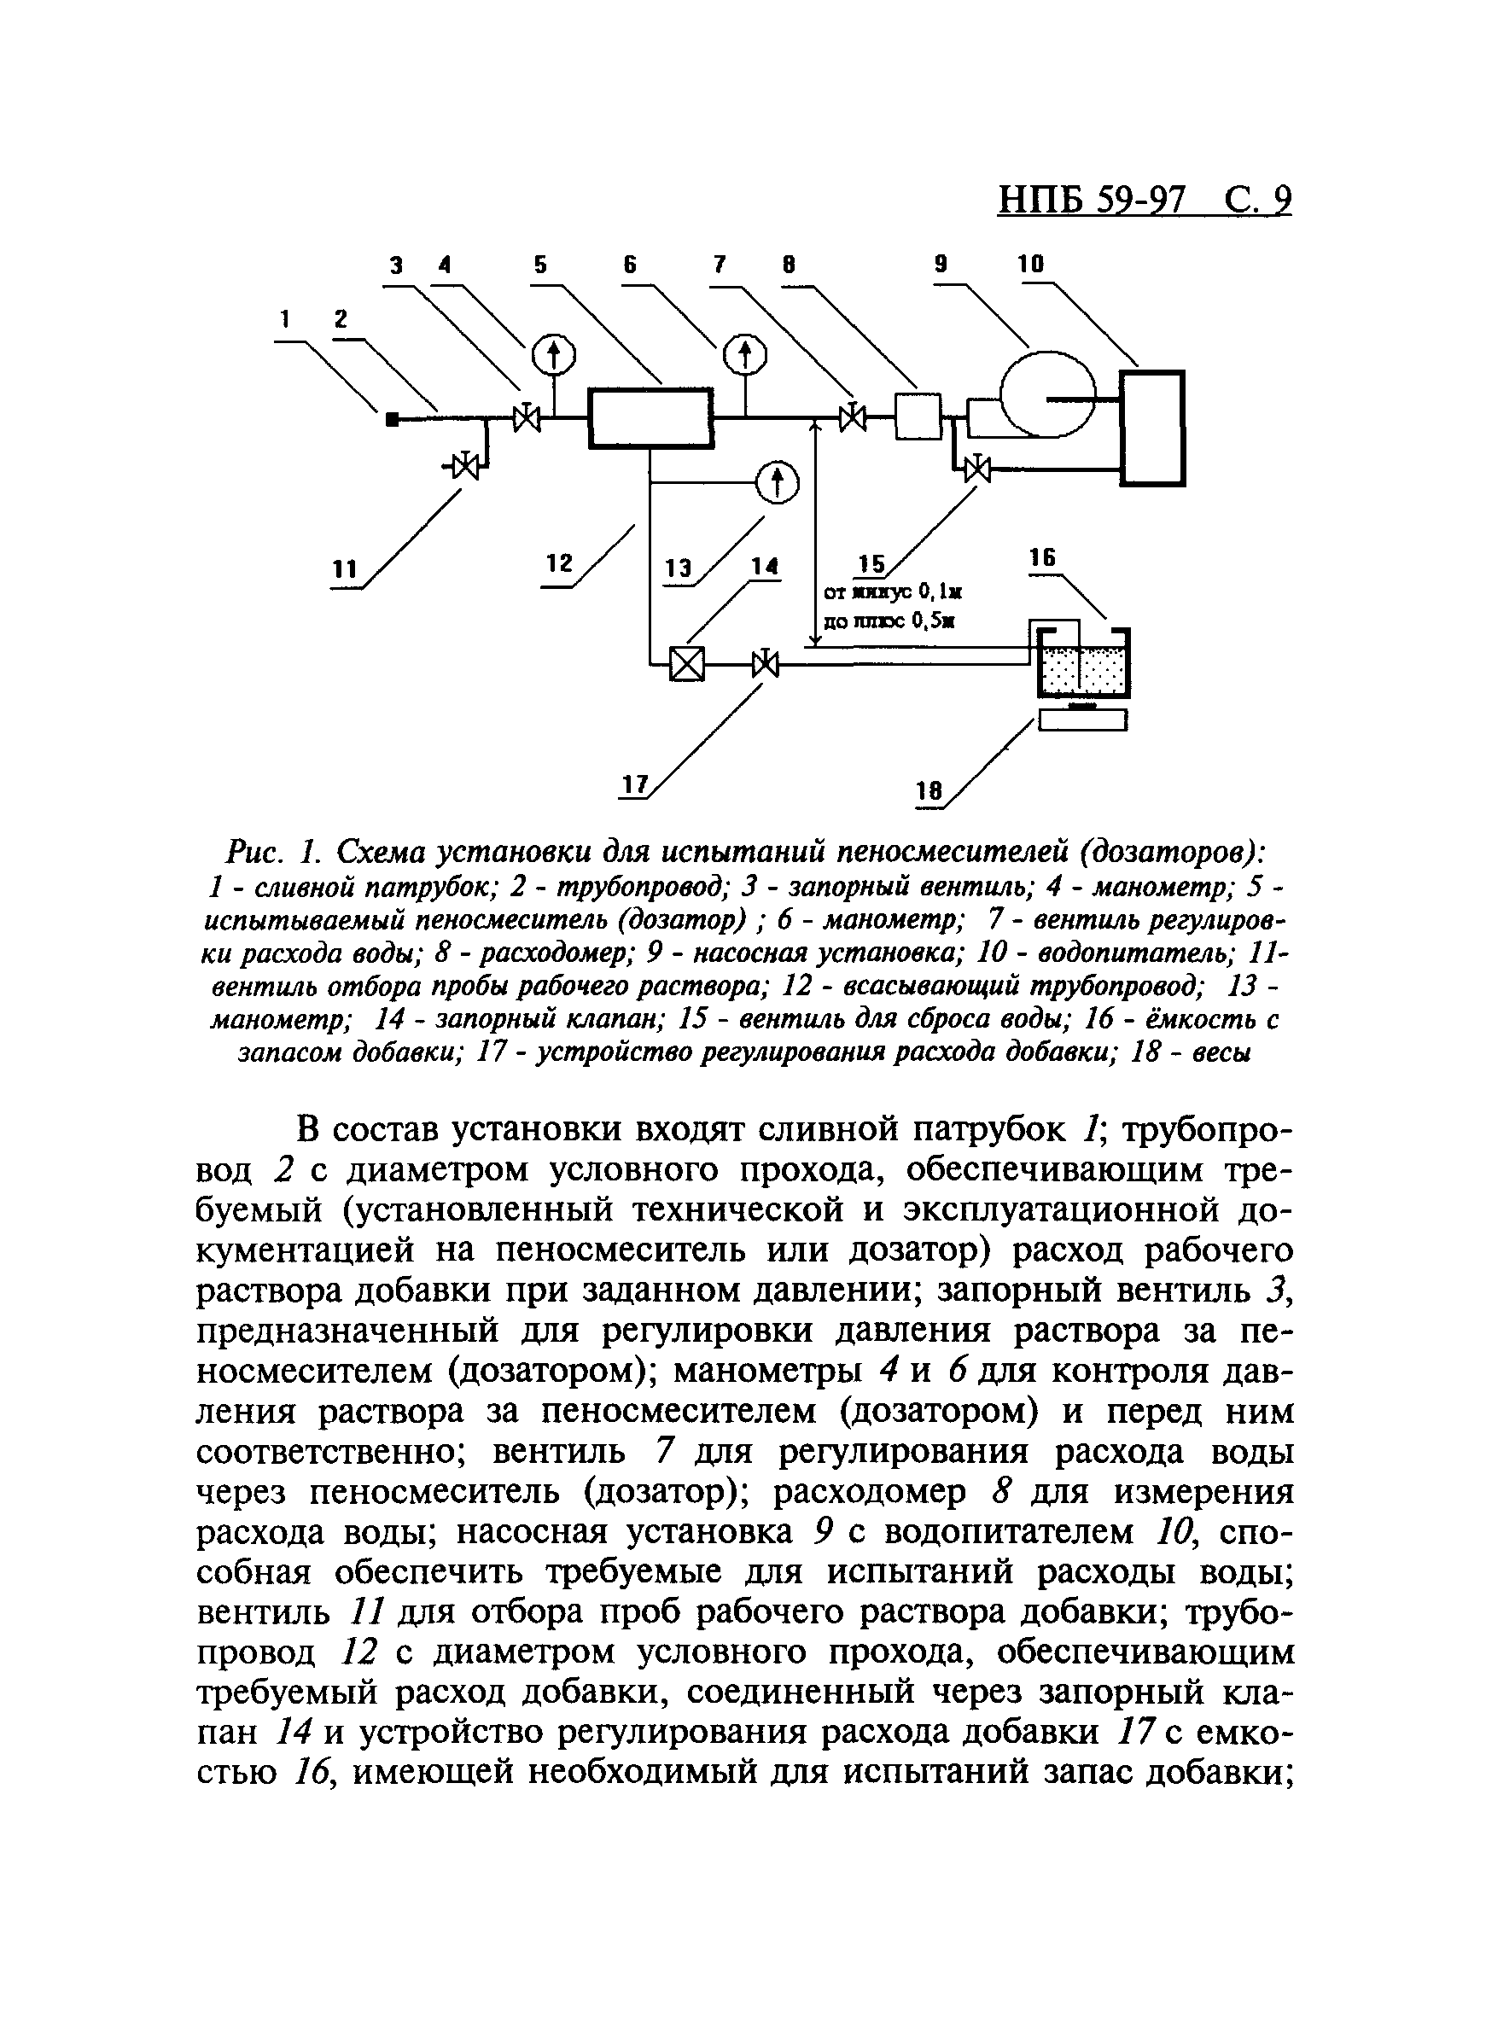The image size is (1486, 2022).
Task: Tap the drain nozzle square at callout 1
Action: pyautogui.click(x=392, y=419)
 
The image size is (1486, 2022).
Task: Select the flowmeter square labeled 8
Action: pyautogui.click(x=918, y=417)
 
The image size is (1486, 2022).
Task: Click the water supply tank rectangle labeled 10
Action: pyautogui.click(x=1152, y=428)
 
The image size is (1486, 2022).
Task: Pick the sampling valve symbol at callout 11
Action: pyautogui.click(x=465, y=466)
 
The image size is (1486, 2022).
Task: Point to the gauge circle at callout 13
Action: pyautogui.click(x=776, y=483)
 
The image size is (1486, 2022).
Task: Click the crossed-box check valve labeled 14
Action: pyautogui.click(x=687, y=666)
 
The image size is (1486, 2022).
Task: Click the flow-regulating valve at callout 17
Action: pyautogui.click(x=766, y=666)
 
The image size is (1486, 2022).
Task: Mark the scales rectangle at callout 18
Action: pyautogui.click(x=1083, y=720)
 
